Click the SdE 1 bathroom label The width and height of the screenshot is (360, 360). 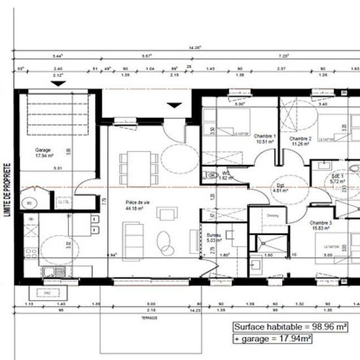point(337,176)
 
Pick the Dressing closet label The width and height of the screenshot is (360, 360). point(273,215)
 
